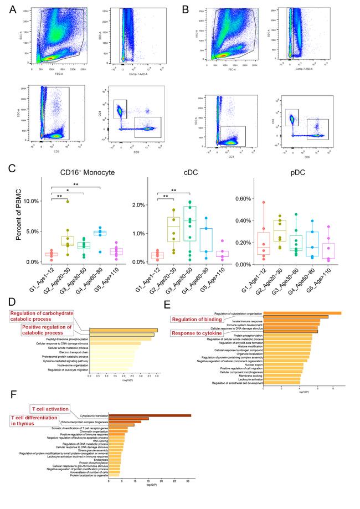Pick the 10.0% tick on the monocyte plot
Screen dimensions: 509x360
tap(33, 202)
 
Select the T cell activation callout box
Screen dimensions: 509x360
tap(50, 409)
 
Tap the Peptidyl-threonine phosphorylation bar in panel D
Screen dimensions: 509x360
tap(120, 339)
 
